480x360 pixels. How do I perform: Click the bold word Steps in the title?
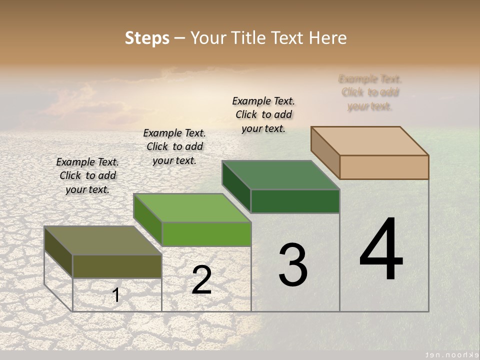(147, 38)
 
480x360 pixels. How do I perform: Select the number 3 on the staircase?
(293, 265)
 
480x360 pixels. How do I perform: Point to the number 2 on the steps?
(201, 280)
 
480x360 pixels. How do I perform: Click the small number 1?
(116, 295)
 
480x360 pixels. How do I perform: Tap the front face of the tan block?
(384, 167)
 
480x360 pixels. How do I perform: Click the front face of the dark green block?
(295, 201)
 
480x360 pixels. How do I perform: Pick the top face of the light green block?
(192, 208)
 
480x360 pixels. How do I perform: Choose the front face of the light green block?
(206, 234)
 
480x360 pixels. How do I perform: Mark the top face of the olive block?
(103, 240)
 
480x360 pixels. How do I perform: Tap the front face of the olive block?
(117, 266)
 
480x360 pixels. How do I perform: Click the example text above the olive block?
(87, 175)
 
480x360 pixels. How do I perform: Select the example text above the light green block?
(174, 146)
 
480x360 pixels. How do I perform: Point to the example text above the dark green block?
(263, 114)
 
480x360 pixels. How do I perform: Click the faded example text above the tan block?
(370, 92)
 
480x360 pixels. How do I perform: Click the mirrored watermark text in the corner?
(448, 352)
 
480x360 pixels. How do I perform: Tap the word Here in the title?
(328, 38)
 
